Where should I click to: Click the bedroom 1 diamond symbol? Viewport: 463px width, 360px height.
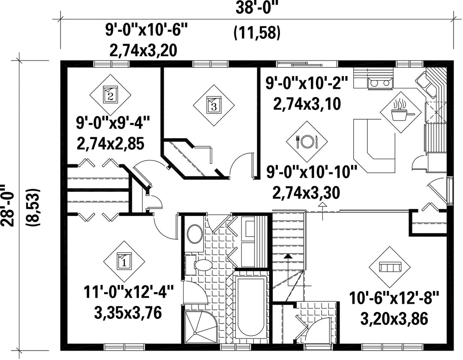coord(124,262)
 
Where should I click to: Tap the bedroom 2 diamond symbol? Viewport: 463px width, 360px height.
coord(111,95)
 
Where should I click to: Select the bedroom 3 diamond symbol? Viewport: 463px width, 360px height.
coord(214,106)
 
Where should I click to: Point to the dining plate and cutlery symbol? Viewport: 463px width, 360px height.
coord(307,142)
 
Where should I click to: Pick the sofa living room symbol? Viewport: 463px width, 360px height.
coord(390,267)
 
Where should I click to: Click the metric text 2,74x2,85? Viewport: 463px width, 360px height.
coord(111,144)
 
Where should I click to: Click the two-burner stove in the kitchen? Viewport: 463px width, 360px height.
coord(380,83)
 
